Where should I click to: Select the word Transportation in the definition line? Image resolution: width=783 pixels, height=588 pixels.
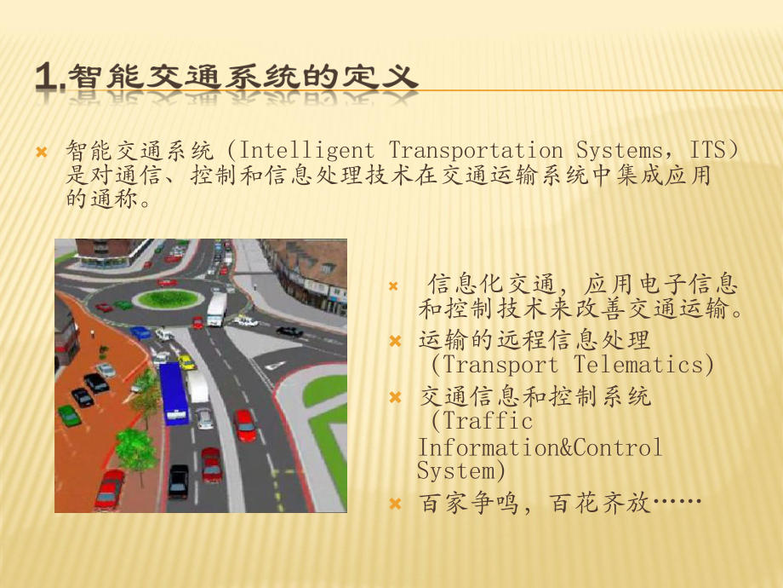(x=476, y=152)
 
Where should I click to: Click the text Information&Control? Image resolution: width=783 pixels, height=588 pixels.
(x=539, y=447)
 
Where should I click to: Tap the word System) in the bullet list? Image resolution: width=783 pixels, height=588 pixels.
(x=461, y=470)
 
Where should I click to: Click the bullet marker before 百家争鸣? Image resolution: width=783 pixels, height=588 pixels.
(x=394, y=504)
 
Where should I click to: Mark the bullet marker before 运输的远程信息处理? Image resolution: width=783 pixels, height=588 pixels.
(x=394, y=341)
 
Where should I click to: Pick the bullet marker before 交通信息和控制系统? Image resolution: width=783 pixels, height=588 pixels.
(x=394, y=397)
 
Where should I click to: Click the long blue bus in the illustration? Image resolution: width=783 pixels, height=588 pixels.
(x=174, y=392)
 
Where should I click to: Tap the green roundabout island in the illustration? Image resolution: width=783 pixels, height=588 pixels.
(x=169, y=298)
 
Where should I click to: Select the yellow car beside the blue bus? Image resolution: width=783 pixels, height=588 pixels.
(x=186, y=362)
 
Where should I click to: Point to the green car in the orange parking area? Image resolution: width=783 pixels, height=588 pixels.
(x=69, y=415)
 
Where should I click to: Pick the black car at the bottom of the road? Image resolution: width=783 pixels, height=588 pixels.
(x=179, y=481)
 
